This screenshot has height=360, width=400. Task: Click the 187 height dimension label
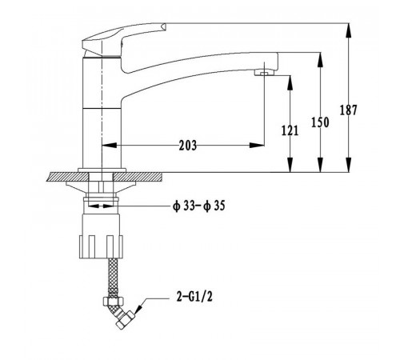(348, 110)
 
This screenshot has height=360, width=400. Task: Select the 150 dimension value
(320, 122)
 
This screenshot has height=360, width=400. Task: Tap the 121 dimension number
(290, 130)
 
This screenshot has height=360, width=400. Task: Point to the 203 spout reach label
(188, 146)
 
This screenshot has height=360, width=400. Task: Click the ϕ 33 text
(183, 206)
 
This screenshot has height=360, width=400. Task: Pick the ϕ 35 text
(214, 206)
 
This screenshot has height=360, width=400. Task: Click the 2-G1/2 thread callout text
(194, 297)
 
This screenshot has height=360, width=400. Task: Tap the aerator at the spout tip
(264, 72)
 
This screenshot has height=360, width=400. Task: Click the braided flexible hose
(113, 278)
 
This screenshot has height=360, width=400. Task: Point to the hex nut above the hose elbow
(113, 302)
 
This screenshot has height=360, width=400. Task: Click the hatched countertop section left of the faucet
(68, 177)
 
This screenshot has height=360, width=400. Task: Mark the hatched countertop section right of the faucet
(138, 177)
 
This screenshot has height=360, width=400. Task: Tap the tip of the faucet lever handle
(164, 26)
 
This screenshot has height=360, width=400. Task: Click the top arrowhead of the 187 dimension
(348, 30)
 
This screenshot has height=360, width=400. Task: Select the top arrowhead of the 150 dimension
(320, 60)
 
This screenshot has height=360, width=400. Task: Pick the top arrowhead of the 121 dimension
(290, 82)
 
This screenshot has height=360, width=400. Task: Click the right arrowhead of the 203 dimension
(257, 146)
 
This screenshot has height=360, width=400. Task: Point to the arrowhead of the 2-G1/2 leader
(138, 309)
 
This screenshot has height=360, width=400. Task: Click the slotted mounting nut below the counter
(101, 246)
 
